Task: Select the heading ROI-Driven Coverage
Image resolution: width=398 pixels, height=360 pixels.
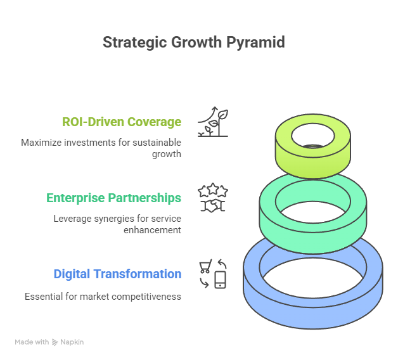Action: (122, 122)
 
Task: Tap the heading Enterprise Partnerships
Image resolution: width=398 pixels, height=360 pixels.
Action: (114, 198)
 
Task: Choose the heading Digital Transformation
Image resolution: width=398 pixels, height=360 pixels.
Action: (117, 274)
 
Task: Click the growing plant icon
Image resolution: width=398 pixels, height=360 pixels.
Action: (213, 122)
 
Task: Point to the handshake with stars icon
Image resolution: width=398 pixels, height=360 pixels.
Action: (213, 198)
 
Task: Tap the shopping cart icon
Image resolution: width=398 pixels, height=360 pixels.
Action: (205, 266)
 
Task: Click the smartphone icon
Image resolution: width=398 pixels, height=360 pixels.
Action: (220, 280)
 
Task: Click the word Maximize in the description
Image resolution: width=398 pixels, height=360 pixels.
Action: (39, 142)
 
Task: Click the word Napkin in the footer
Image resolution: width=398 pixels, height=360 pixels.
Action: (72, 342)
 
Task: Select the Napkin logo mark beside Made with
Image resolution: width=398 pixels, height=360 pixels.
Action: (55, 342)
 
